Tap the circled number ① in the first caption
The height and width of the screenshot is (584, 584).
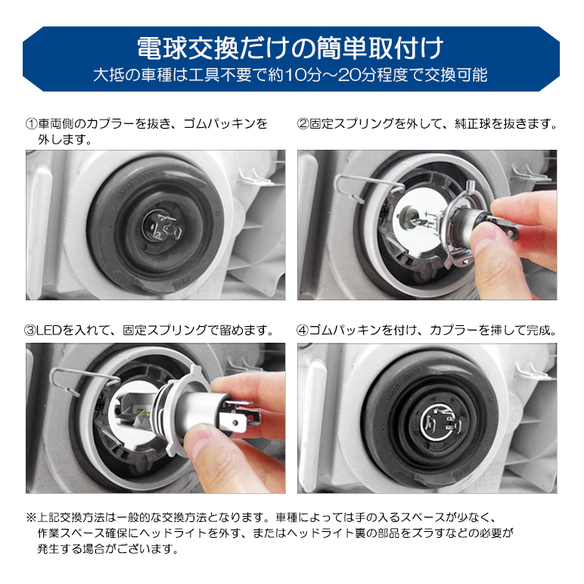tap(32, 123)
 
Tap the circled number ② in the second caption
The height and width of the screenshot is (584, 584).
tap(303, 123)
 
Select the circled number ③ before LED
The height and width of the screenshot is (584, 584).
tap(32, 331)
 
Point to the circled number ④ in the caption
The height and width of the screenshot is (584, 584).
tap(303, 331)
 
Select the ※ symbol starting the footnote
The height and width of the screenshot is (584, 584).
tap(31, 517)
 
